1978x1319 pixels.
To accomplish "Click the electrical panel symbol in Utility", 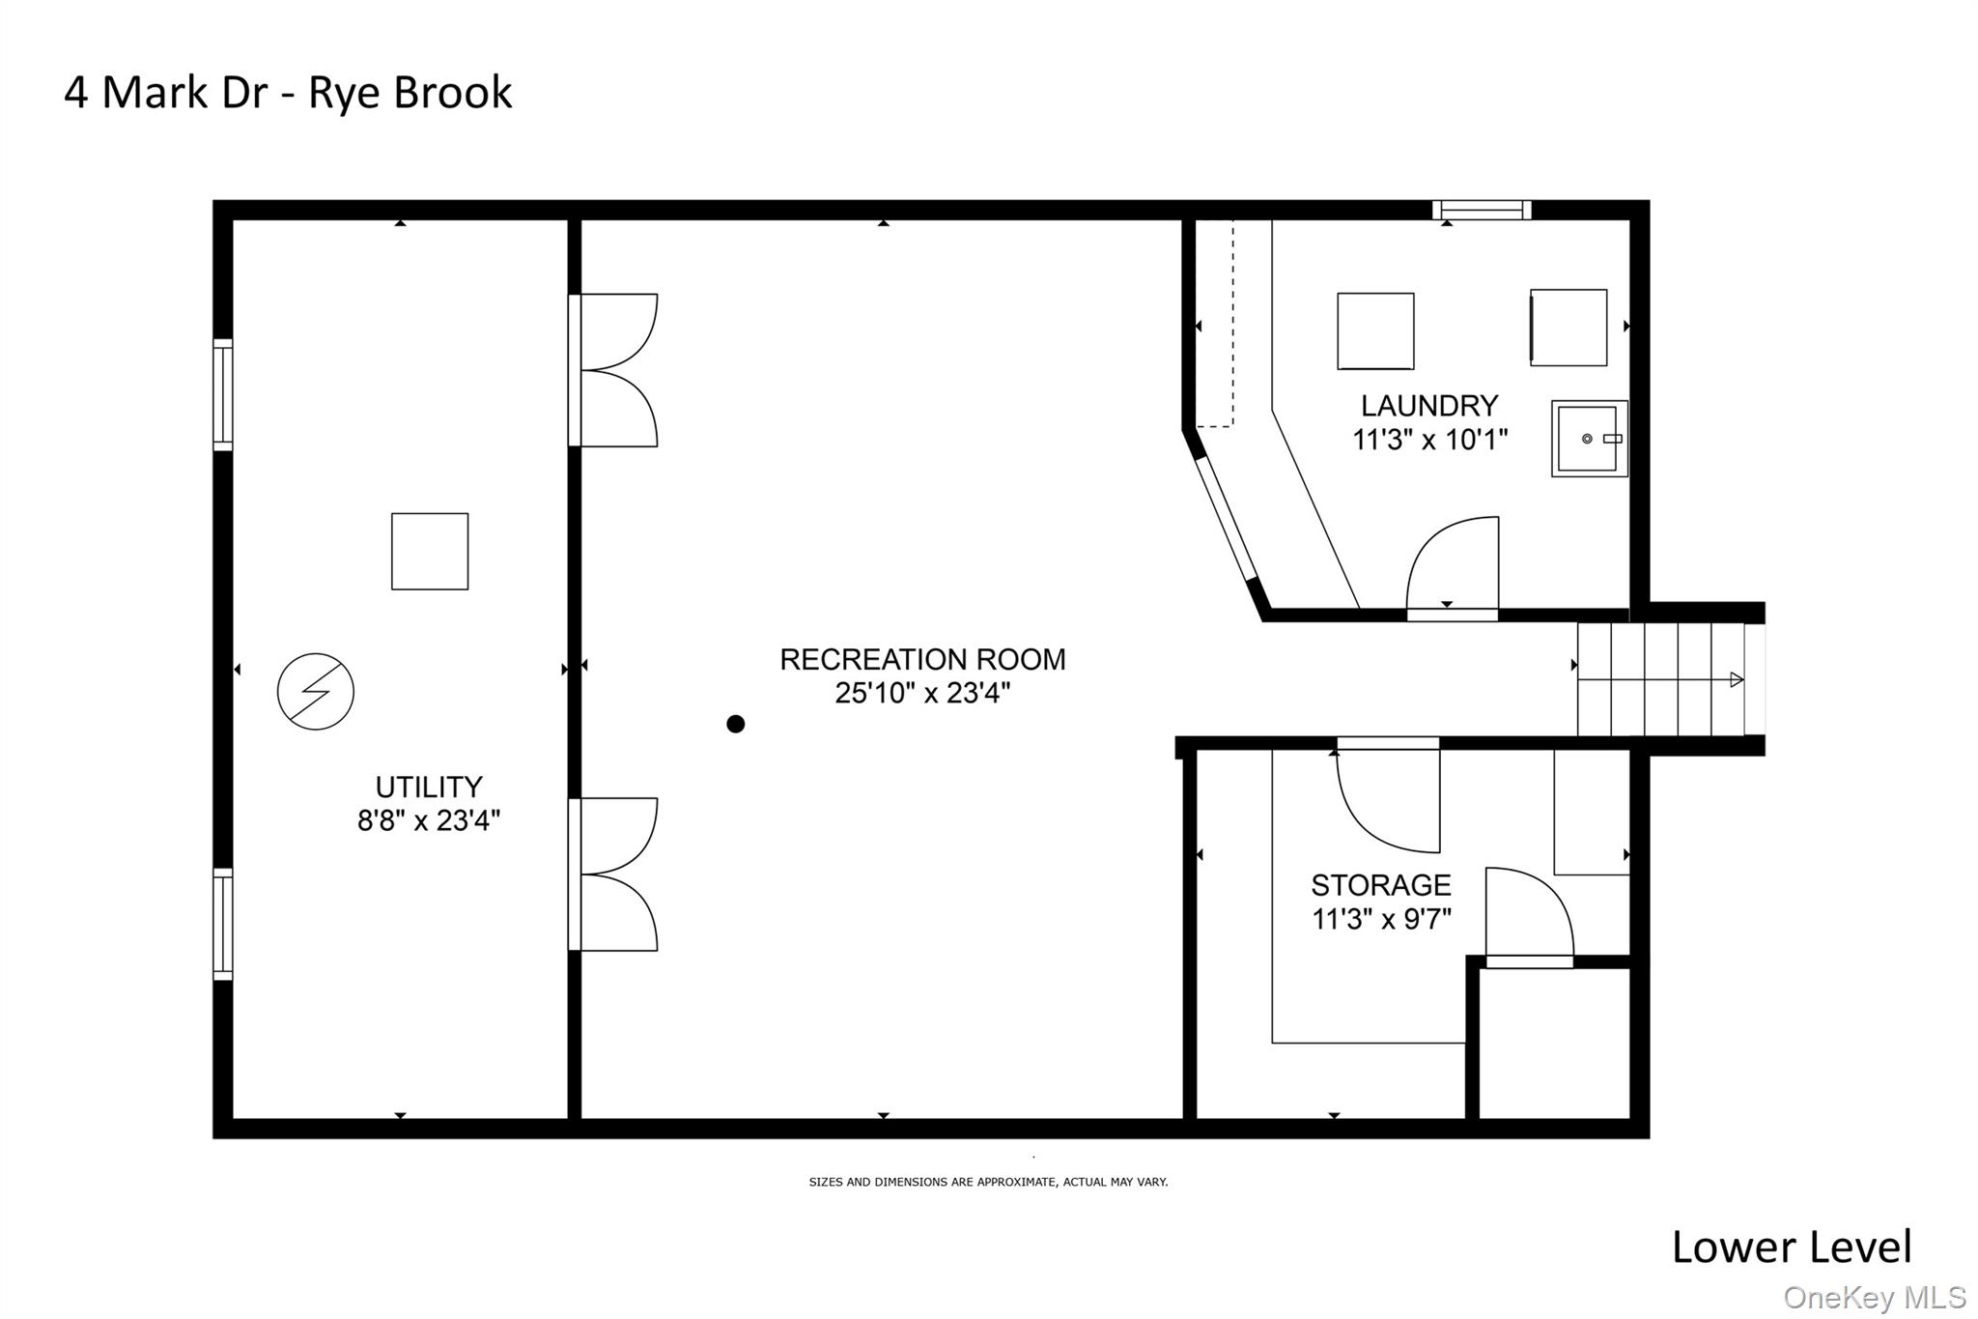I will tap(315, 692).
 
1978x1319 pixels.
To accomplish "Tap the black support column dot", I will tap(736, 724).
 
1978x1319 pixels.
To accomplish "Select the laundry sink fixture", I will tap(1589, 439).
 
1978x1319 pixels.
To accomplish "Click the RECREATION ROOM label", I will tap(922, 660).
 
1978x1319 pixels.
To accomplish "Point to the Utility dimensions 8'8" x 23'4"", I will tap(429, 821).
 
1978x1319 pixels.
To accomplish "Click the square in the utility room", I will tap(430, 552).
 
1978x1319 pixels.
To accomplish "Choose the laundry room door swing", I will tap(1452, 568).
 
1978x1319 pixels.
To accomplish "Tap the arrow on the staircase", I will tap(1736, 679).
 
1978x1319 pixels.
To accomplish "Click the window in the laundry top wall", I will tap(1482, 210).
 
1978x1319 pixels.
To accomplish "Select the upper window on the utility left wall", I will tap(223, 395).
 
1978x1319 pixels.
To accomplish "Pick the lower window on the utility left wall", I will tap(223, 925).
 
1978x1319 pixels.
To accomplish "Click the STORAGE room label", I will tap(1380, 885).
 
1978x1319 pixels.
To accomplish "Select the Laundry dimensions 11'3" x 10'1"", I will tap(1429, 441).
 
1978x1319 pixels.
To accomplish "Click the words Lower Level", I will tap(1792, 1247).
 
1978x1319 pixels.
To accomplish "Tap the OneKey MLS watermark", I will tap(1874, 1298).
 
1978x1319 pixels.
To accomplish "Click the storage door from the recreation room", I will tap(1389, 797).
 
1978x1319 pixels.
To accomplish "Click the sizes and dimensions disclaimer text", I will tap(988, 1182).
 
